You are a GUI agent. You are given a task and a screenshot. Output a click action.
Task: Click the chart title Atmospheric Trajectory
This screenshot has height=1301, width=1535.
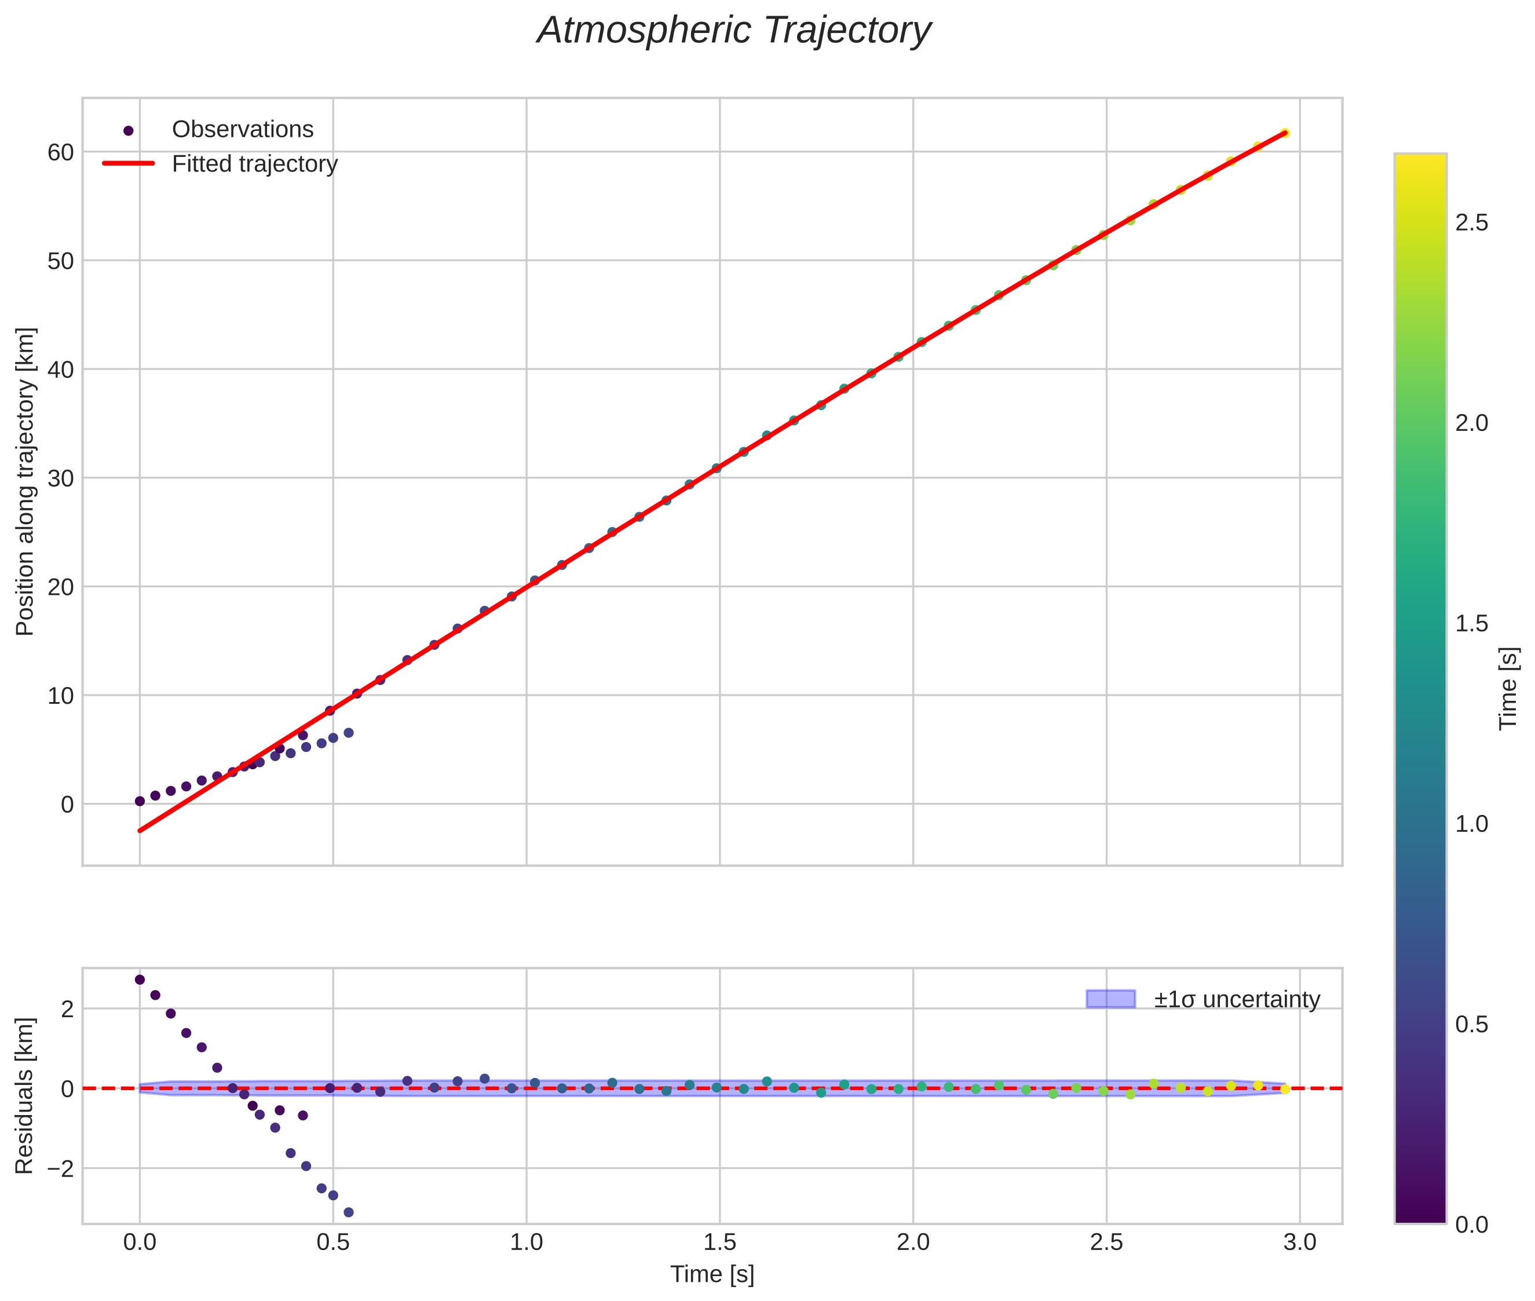[x=734, y=31]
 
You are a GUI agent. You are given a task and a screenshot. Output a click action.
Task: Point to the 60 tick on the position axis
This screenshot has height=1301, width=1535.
[x=61, y=152]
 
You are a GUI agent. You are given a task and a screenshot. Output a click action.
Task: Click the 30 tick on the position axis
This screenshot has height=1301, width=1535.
[x=61, y=478]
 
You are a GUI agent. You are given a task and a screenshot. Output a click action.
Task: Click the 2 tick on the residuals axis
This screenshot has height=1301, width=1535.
[x=67, y=1008]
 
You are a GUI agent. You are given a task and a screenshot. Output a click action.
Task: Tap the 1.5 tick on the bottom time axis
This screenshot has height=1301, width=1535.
[x=719, y=1242]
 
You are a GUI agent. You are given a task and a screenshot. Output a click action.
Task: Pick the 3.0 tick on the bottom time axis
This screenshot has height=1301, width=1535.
[x=1300, y=1242]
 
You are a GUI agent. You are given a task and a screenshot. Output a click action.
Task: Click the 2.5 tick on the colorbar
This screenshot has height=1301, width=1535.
[x=1471, y=223]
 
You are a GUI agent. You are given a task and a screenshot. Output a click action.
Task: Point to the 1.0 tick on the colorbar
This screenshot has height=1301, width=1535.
[x=1471, y=824]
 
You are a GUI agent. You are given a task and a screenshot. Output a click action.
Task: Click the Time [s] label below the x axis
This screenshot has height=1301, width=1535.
[x=712, y=1274]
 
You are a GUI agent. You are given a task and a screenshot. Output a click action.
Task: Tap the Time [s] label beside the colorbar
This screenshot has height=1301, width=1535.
[x=1509, y=688]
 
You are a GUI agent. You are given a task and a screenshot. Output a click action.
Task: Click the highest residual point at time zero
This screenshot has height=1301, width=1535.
[x=140, y=980]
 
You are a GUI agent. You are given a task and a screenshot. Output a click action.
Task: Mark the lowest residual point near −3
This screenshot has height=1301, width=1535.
[x=349, y=1212]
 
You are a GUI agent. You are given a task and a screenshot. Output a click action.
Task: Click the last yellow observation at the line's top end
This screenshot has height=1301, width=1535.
[x=1285, y=133]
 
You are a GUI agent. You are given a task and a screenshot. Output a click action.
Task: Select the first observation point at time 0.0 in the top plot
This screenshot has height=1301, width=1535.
[x=140, y=801]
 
